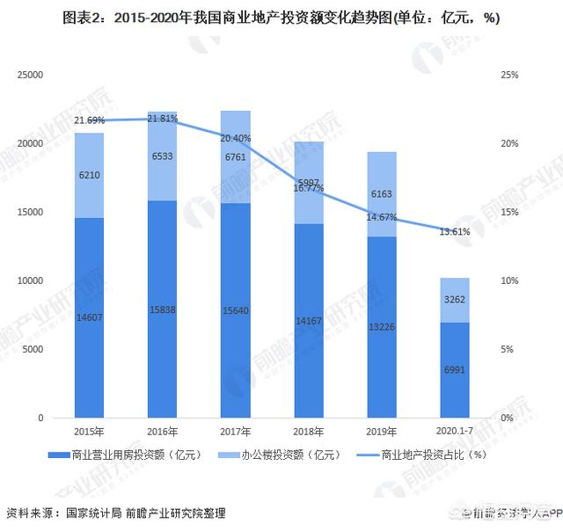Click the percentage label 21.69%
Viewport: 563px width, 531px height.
point(90,120)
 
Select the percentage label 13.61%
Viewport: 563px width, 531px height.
point(454,232)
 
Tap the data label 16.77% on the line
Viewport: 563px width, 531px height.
point(308,187)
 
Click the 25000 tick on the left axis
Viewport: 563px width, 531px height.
point(32,76)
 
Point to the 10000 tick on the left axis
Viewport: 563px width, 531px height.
point(32,281)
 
